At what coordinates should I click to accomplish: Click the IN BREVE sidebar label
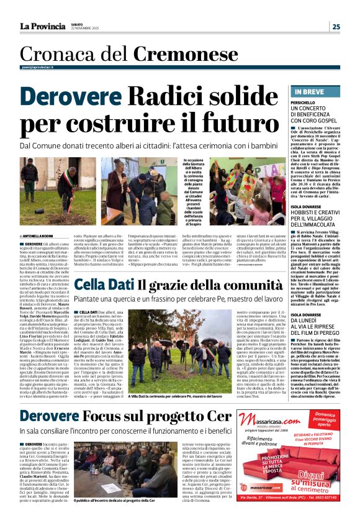tap(307, 92)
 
